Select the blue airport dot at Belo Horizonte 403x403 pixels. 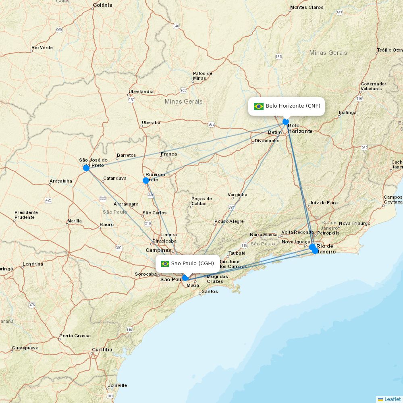pos(286,122)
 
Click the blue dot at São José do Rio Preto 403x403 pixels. pos(86,168)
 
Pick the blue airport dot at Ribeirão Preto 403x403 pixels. pos(146,181)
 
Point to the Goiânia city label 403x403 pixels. pos(102,5)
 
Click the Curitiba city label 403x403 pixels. pos(102,349)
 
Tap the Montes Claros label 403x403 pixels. pos(307,7)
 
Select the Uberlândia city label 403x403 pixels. pos(141,91)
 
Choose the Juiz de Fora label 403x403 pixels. pos(324,203)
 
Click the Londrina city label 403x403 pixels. pos(33,264)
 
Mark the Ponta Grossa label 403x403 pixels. pos(75,336)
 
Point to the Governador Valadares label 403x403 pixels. pos(373,86)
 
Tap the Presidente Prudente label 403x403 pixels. pos(26,215)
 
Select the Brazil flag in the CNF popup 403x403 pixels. pos(259,106)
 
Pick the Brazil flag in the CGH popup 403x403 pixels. pos(165,264)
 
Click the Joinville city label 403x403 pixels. pos(117,385)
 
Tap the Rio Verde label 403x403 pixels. pos(42,48)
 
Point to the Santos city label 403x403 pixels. pos(210,291)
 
